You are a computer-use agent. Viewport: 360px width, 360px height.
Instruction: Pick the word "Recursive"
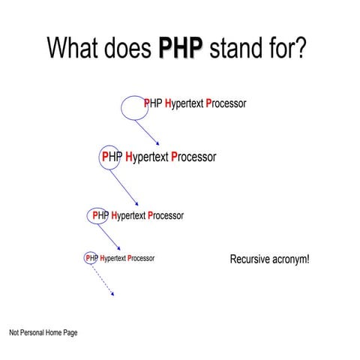(250, 259)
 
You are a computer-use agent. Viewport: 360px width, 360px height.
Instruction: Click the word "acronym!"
(292, 260)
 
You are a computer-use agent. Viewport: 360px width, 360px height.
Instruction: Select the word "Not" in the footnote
(14, 332)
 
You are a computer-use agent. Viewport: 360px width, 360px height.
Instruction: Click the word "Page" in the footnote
(70, 332)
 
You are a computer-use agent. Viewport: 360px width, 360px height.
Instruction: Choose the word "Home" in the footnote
(54, 332)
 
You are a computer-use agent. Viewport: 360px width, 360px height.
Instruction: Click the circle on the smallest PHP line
(90, 258)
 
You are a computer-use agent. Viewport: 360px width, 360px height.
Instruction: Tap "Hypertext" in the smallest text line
(112, 258)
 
